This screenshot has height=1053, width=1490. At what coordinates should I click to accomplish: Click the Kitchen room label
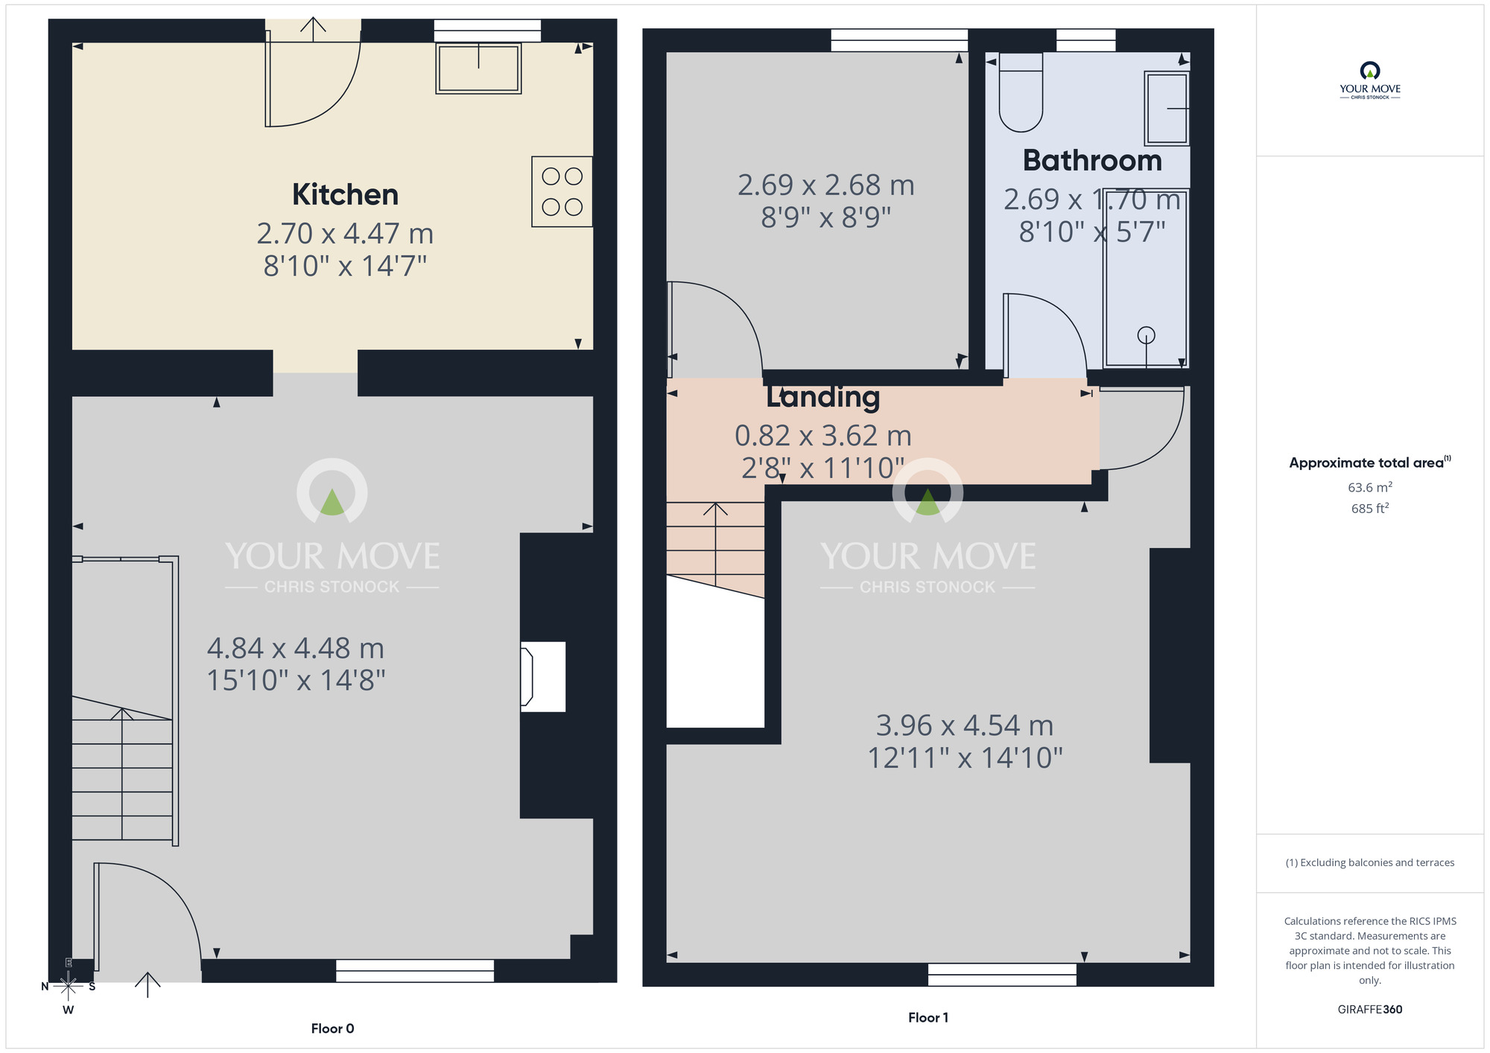(x=345, y=194)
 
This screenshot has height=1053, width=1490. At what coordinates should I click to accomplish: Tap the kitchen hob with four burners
(x=562, y=191)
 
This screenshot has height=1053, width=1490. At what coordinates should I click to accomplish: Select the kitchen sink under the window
(x=478, y=69)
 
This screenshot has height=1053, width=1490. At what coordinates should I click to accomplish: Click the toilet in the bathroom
(x=1020, y=93)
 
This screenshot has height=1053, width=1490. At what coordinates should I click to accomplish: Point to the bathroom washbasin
(x=1166, y=109)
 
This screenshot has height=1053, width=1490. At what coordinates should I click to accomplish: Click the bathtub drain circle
(x=1146, y=335)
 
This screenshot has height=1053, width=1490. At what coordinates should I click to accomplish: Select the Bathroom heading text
(x=1091, y=161)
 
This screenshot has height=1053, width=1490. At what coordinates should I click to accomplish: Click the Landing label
(x=823, y=397)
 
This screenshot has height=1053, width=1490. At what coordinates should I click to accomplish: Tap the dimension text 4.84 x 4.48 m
(x=296, y=648)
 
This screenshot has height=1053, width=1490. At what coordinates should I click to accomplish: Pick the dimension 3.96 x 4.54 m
(x=964, y=725)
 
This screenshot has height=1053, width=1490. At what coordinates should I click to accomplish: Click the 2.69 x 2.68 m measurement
(x=825, y=185)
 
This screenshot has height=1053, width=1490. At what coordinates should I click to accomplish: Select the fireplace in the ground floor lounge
(x=542, y=676)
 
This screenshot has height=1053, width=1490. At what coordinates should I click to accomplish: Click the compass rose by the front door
(x=68, y=987)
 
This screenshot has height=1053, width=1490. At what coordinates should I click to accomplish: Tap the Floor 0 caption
(x=332, y=1028)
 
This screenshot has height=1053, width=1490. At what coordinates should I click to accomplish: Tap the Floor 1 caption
(x=928, y=1017)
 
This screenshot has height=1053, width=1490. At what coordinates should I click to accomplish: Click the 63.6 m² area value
(x=1369, y=487)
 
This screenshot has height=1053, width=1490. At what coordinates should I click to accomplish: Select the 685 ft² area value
(x=1369, y=509)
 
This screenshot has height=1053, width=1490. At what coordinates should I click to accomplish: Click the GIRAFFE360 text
(x=1369, y=1009)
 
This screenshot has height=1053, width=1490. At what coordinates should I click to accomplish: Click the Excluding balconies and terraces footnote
(x=1369, y=862)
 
